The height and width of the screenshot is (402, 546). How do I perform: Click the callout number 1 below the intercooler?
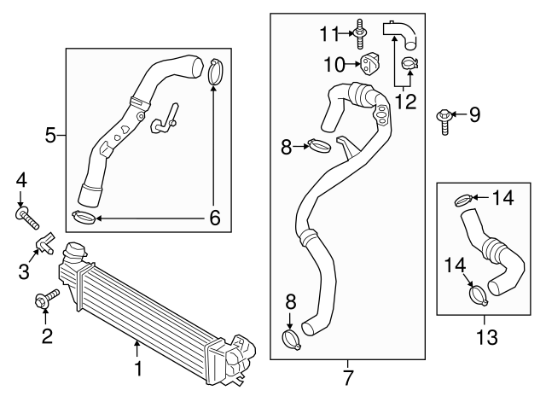point(138,369)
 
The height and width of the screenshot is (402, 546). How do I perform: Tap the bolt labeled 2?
point(47,298)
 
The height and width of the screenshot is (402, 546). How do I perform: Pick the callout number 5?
point(50,135)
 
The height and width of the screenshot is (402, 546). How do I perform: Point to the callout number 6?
point(215,218)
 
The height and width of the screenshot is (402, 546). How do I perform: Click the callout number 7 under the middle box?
point(348,377)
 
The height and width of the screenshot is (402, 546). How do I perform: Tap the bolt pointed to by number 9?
point(444,121)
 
